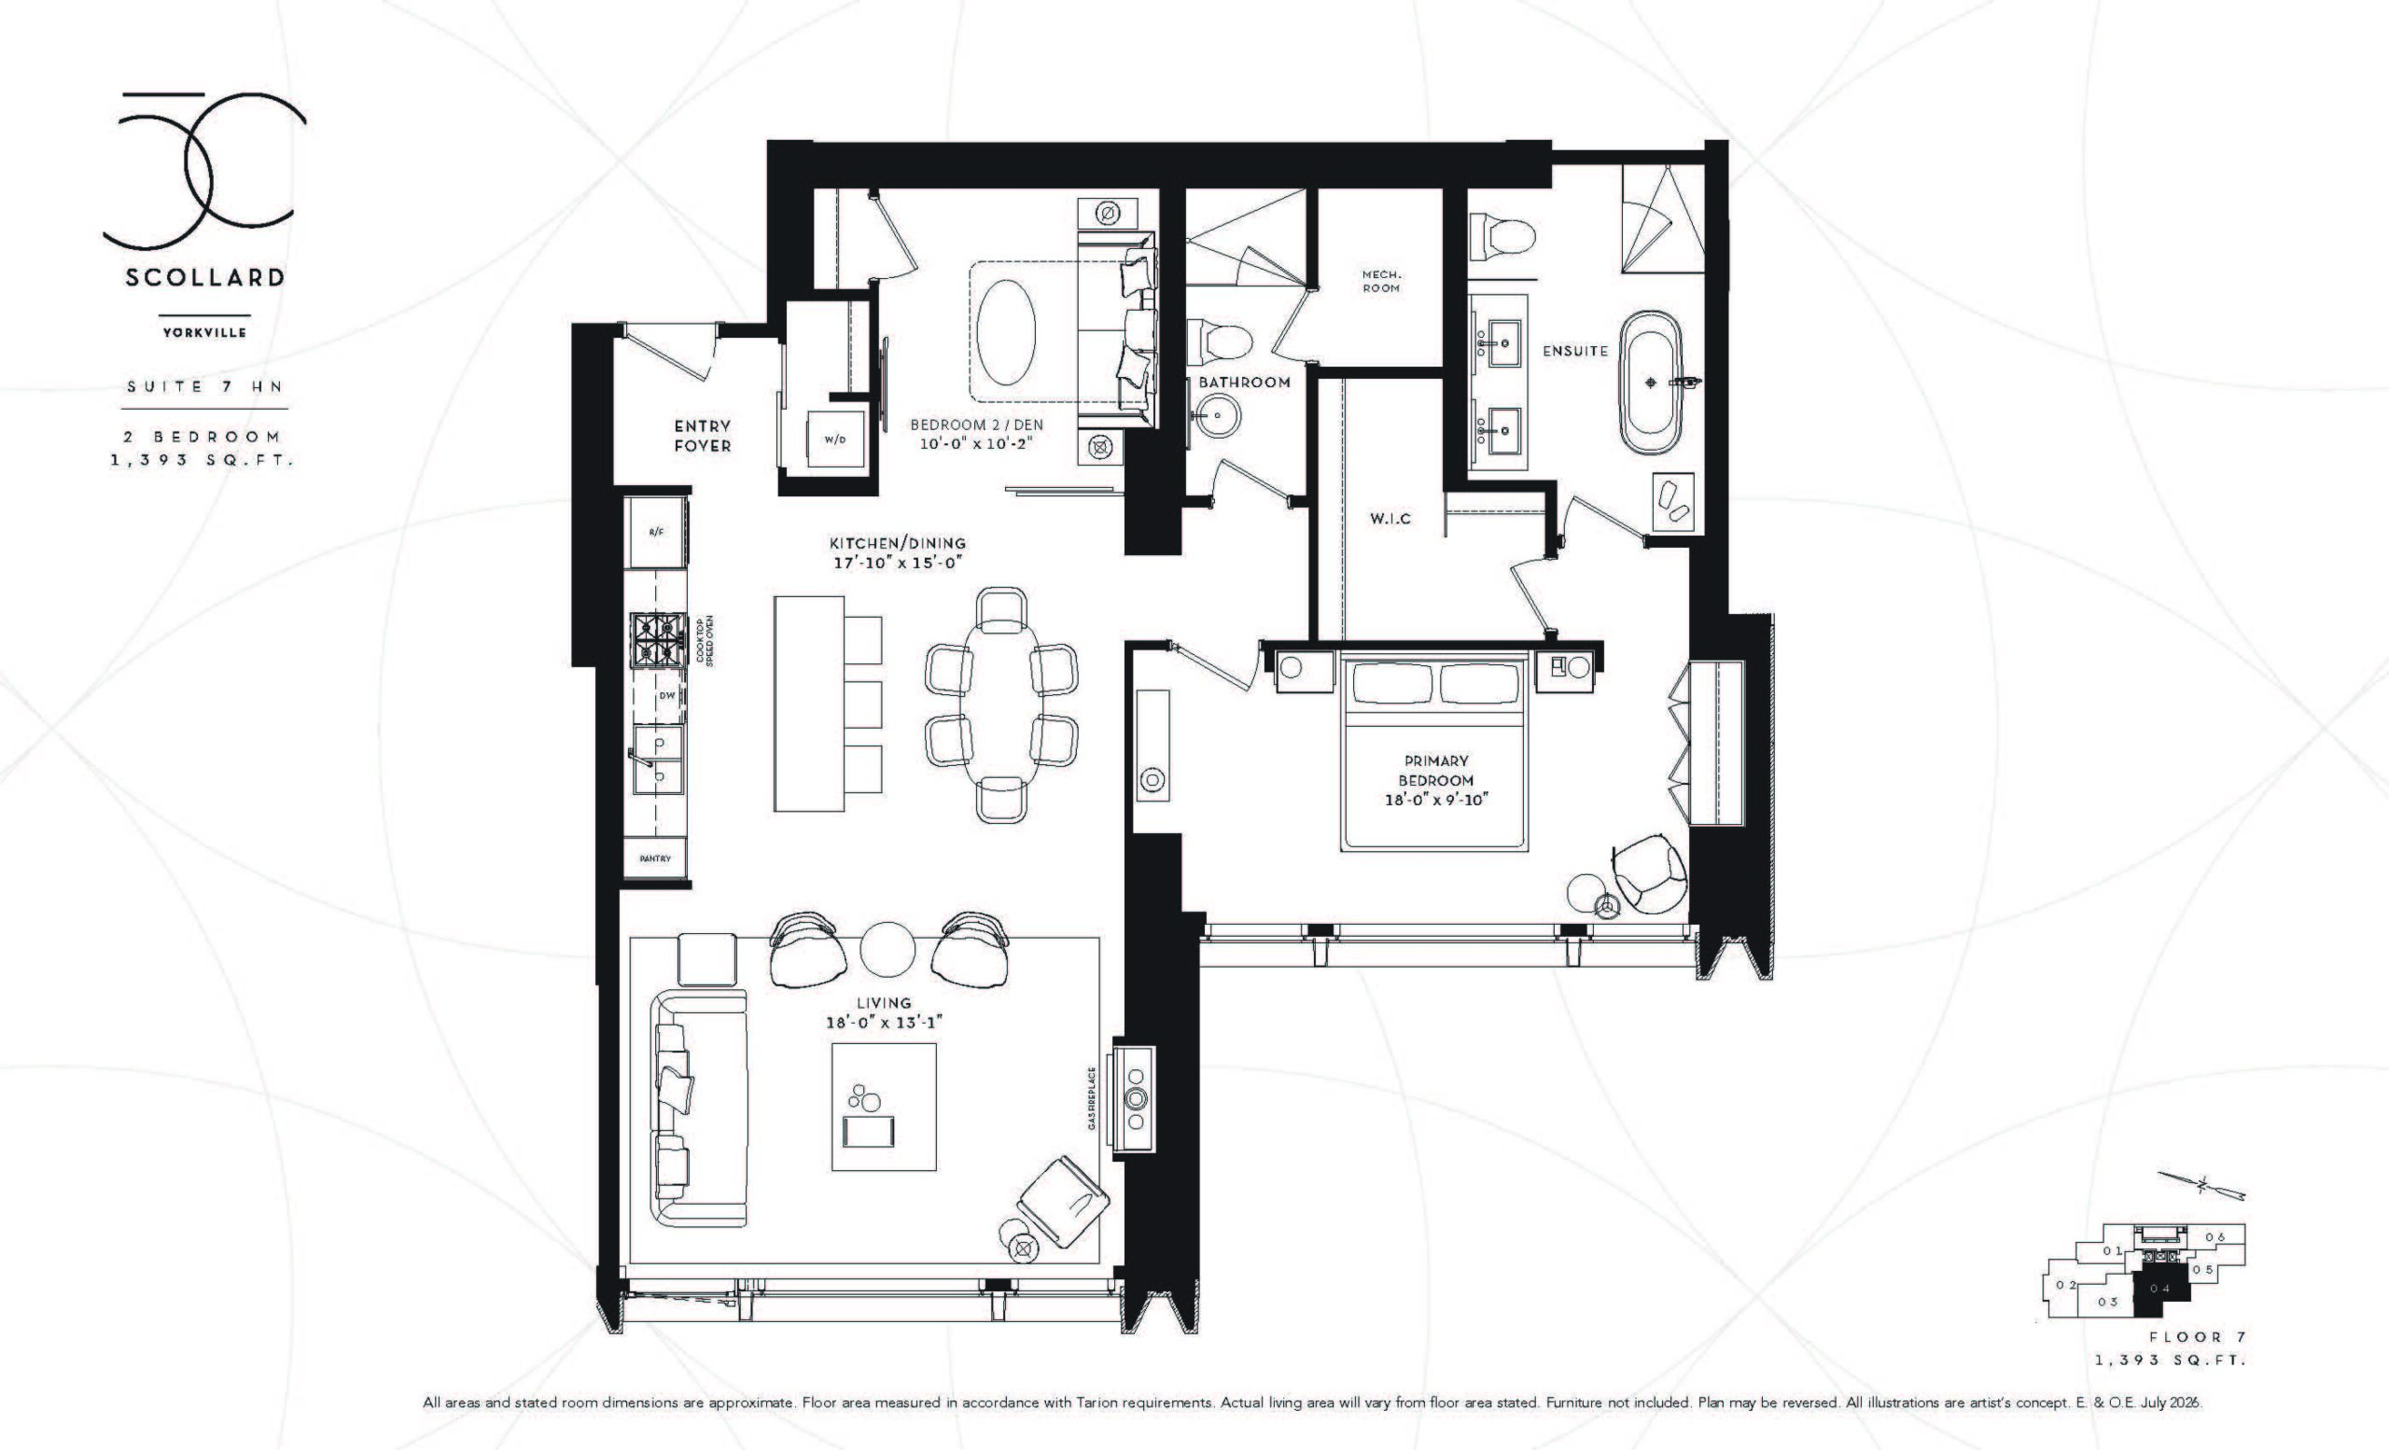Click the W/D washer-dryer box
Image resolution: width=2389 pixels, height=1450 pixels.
pyautogui.click(x=837, y=439)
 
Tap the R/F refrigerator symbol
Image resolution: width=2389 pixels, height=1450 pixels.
pyautogui.click(x=656, y=532)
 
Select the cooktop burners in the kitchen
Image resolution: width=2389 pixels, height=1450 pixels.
pyautogui.click(x=657, y=640)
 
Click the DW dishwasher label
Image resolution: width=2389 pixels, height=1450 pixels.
pyautogui.click(x=667, y=695)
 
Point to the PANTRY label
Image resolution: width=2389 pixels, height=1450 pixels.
pyautogui.click(x=655, y=858)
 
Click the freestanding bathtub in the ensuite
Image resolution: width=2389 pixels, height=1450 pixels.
pyautogui.click(x=1649, y=381)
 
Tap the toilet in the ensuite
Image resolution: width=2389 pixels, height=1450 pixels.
pyautogui.click(x=1501, y=237)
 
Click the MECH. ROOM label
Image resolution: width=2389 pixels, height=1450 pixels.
pyautogui.click(x=1380, y=281)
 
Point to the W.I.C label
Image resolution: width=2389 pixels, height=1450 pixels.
pyautogui.click(x=1390, y=519)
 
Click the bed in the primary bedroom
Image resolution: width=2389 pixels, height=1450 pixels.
pyautogui.click(x=1435, y=752)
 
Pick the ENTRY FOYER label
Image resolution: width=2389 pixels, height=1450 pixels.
pyautogui.click(x=703, y=436)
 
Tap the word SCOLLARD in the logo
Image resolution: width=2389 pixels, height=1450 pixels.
pyautogui.click(x=204, y=277)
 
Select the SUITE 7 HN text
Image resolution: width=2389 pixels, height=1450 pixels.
pyautogui.click(x=204, y=385)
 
